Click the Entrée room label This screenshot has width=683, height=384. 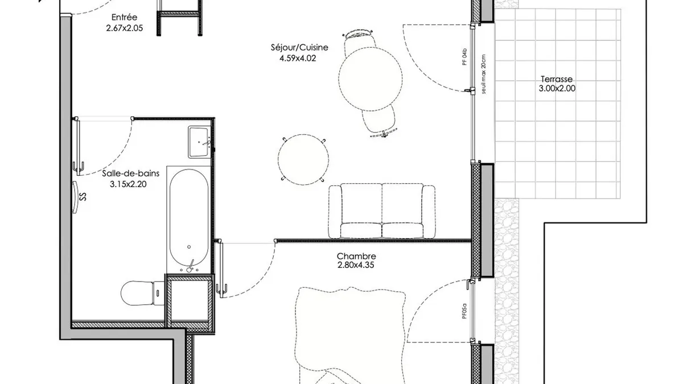pyautogui.click(x=124, y=17)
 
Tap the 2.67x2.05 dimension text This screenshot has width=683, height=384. pyautogui.click(x=125, y=28)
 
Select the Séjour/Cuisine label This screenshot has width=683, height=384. pyautogui.click(x=299, y=47)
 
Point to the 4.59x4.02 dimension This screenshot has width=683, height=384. pyautogui.click(x=298, y=58)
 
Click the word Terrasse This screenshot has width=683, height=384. pyautogui.click(x=557, y=79)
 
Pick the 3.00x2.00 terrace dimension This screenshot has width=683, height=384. pyautogui.click(x=557, y=88)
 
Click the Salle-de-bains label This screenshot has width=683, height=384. pyautogui.click(x=130, y=174)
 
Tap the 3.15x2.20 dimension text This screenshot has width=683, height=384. pyautogui.click(x=128, y=184)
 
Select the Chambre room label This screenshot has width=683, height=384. pyautogui.click(x=356, y=256)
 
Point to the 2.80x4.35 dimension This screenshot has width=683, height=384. pyautogui.click(x=356, y=265)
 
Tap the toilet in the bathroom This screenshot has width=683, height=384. pyautogui.click(x=143, y=293)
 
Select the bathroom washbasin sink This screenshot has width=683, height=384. pyautogui.click(x=199, y=142)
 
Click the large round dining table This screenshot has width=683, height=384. pyautogui.click(x=371, y=79)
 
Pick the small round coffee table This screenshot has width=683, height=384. pyautogui.click(x=303, y=159)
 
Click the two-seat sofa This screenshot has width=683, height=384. pyautogui.click(x=382, y=211)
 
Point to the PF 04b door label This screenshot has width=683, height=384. pyautogui.click(x=464, y=57)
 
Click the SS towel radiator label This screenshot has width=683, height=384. pyautogui.click(x=83, y=197)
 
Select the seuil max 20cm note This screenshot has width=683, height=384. pyautogui.click(x=484, y=74)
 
